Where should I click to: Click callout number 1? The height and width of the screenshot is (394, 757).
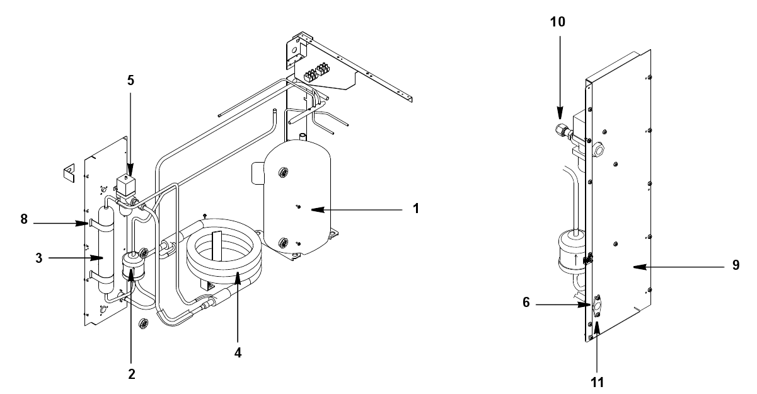(416, 209)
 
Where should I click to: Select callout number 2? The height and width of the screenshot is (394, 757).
(132, 374)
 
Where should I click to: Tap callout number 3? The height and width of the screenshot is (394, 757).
(39, 258)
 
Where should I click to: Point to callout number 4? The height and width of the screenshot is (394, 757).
(238, 353)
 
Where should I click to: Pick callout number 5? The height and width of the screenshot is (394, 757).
(130, 81)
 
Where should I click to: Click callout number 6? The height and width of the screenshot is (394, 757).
(526, 303)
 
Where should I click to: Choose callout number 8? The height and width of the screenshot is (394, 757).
(24, 219)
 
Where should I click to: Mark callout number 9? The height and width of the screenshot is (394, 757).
(736, 265)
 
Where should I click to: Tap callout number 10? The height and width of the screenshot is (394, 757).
(558, 22)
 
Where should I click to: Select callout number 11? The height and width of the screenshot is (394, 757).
(597, 383)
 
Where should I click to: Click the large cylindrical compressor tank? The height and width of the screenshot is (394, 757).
(297, 198)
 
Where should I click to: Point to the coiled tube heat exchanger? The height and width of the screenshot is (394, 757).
(224, 252)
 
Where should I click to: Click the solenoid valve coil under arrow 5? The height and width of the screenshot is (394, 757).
(125, 185)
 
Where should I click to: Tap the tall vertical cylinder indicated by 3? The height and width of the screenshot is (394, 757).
(106, 250)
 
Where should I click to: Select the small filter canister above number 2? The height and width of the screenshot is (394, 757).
(133, 267)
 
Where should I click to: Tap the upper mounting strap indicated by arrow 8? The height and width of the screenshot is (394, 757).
(101, 226)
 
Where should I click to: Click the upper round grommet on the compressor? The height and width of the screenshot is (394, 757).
(283, 173)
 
